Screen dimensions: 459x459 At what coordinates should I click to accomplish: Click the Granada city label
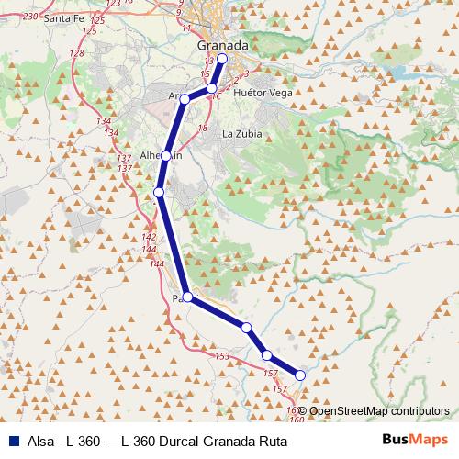point(223,46)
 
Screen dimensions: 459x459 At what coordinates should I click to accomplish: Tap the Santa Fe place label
point(63,18)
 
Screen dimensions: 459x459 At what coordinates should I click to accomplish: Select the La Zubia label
point(242,133)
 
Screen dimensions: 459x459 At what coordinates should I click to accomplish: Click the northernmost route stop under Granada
point(221,58)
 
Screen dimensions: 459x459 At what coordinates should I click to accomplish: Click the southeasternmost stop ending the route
point(299,375)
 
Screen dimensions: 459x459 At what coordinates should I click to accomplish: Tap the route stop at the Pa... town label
point(187,297)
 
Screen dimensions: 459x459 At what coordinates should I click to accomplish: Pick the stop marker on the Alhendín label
point(165,156)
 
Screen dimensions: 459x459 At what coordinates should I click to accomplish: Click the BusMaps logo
point(415,442)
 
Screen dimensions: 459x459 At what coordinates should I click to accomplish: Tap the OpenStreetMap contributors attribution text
point(378,411)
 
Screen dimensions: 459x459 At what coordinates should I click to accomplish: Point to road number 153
point(221,356)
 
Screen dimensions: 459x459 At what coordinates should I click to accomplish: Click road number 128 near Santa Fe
point(76,53)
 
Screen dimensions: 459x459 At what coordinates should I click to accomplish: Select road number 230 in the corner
point(30,17)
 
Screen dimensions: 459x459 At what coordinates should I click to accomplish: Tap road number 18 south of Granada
point(203,128)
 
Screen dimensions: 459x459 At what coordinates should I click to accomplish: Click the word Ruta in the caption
point(272,442)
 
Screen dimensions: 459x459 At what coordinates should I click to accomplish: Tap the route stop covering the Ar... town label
point(185,99)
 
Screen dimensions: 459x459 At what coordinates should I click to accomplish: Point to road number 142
point(149,238)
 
